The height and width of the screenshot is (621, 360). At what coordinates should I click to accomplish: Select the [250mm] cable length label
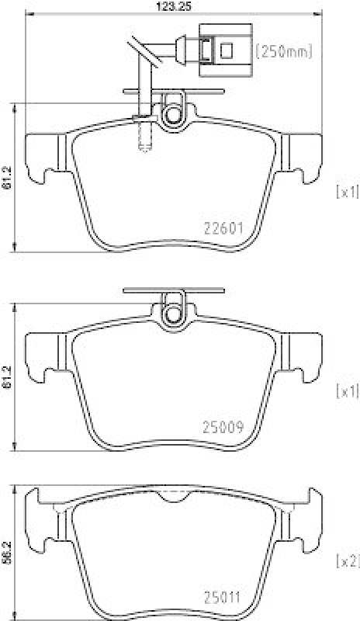pyautogui.click(x=284, y=52)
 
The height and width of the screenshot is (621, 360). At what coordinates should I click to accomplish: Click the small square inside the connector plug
pyautogui.click(x=227, y=52)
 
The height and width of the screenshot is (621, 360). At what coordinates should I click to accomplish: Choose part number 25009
pyautogui.click(x=224, y=426)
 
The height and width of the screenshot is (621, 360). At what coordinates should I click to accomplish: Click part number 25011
pyautogui.click(x=224, y=597)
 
